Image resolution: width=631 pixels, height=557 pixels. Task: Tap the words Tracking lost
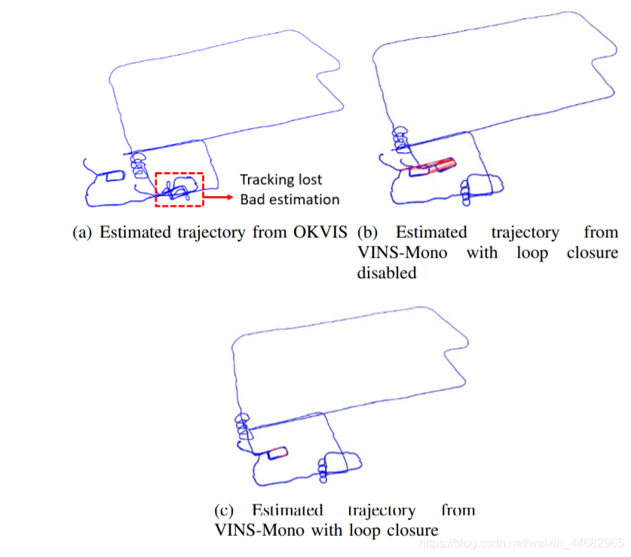click(280, 179)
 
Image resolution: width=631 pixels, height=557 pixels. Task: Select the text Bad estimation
click(289, 199)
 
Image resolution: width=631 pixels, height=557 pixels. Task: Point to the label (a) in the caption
click(82, 233)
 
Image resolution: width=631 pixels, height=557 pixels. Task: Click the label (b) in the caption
click(369, 233)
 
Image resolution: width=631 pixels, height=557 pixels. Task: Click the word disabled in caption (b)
click(387, 273)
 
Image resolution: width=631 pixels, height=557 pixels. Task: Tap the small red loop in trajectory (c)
click(280, 452)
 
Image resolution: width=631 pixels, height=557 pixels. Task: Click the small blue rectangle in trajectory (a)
click(115, 176)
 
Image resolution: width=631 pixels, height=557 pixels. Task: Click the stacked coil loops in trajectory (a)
click(137, 167)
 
